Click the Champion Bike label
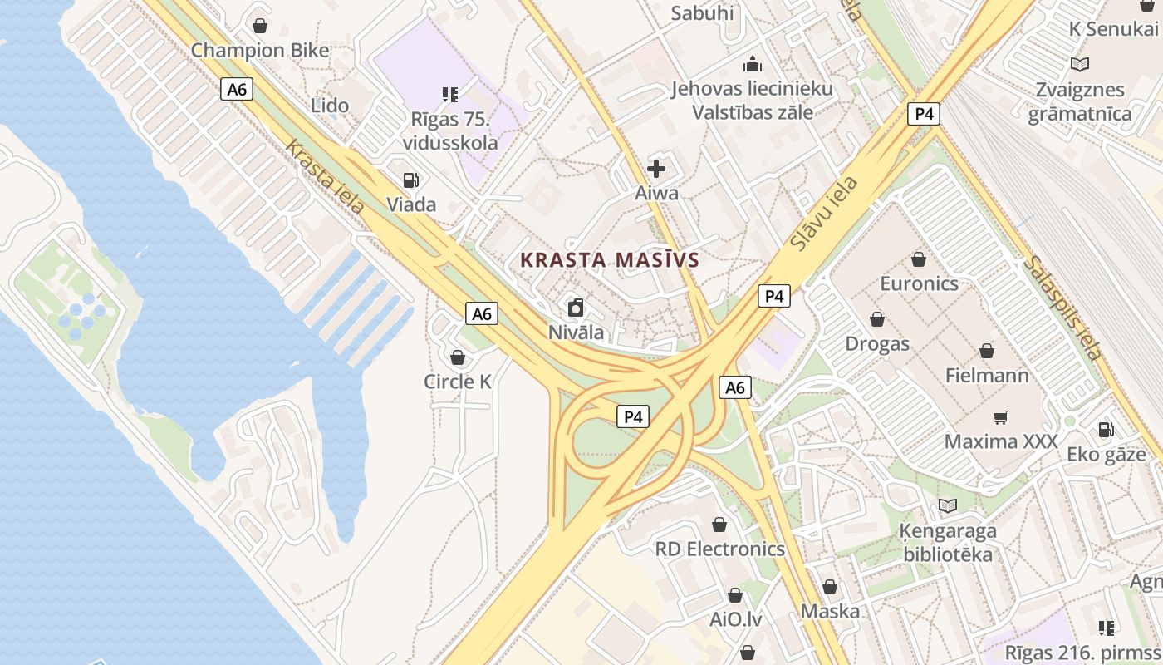click(260, 50)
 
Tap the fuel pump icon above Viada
click(410, 180)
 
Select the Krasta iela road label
click(325, 176)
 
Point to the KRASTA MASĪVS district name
click(610, 259)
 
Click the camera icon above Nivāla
click(576, 309)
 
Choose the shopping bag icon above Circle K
click(457, 358)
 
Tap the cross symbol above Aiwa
click(656, 170)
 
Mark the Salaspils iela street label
click(1062, 308)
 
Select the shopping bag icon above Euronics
click(919, 260)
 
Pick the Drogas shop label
click(877, 343)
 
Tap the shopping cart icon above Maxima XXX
click(1001, 417)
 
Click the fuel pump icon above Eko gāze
click(1107, 430)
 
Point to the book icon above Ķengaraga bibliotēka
click(947, 505)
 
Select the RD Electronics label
click(719, 549)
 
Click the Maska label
click(830, 611)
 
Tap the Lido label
click(330, 106)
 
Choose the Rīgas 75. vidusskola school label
click(450, 131)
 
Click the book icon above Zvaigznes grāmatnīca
click(1080, 64)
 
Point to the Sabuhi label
click(702, 12)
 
